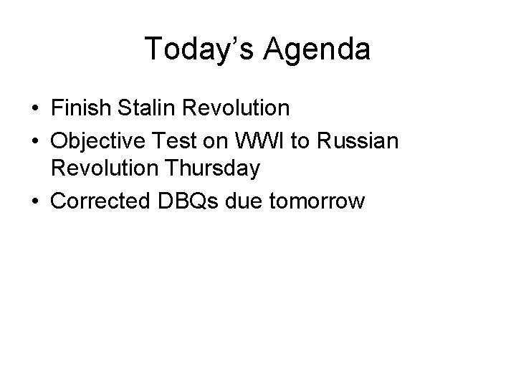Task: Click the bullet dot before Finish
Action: click(x=35, y=109)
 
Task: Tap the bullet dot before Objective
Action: click(x=35, y=140)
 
